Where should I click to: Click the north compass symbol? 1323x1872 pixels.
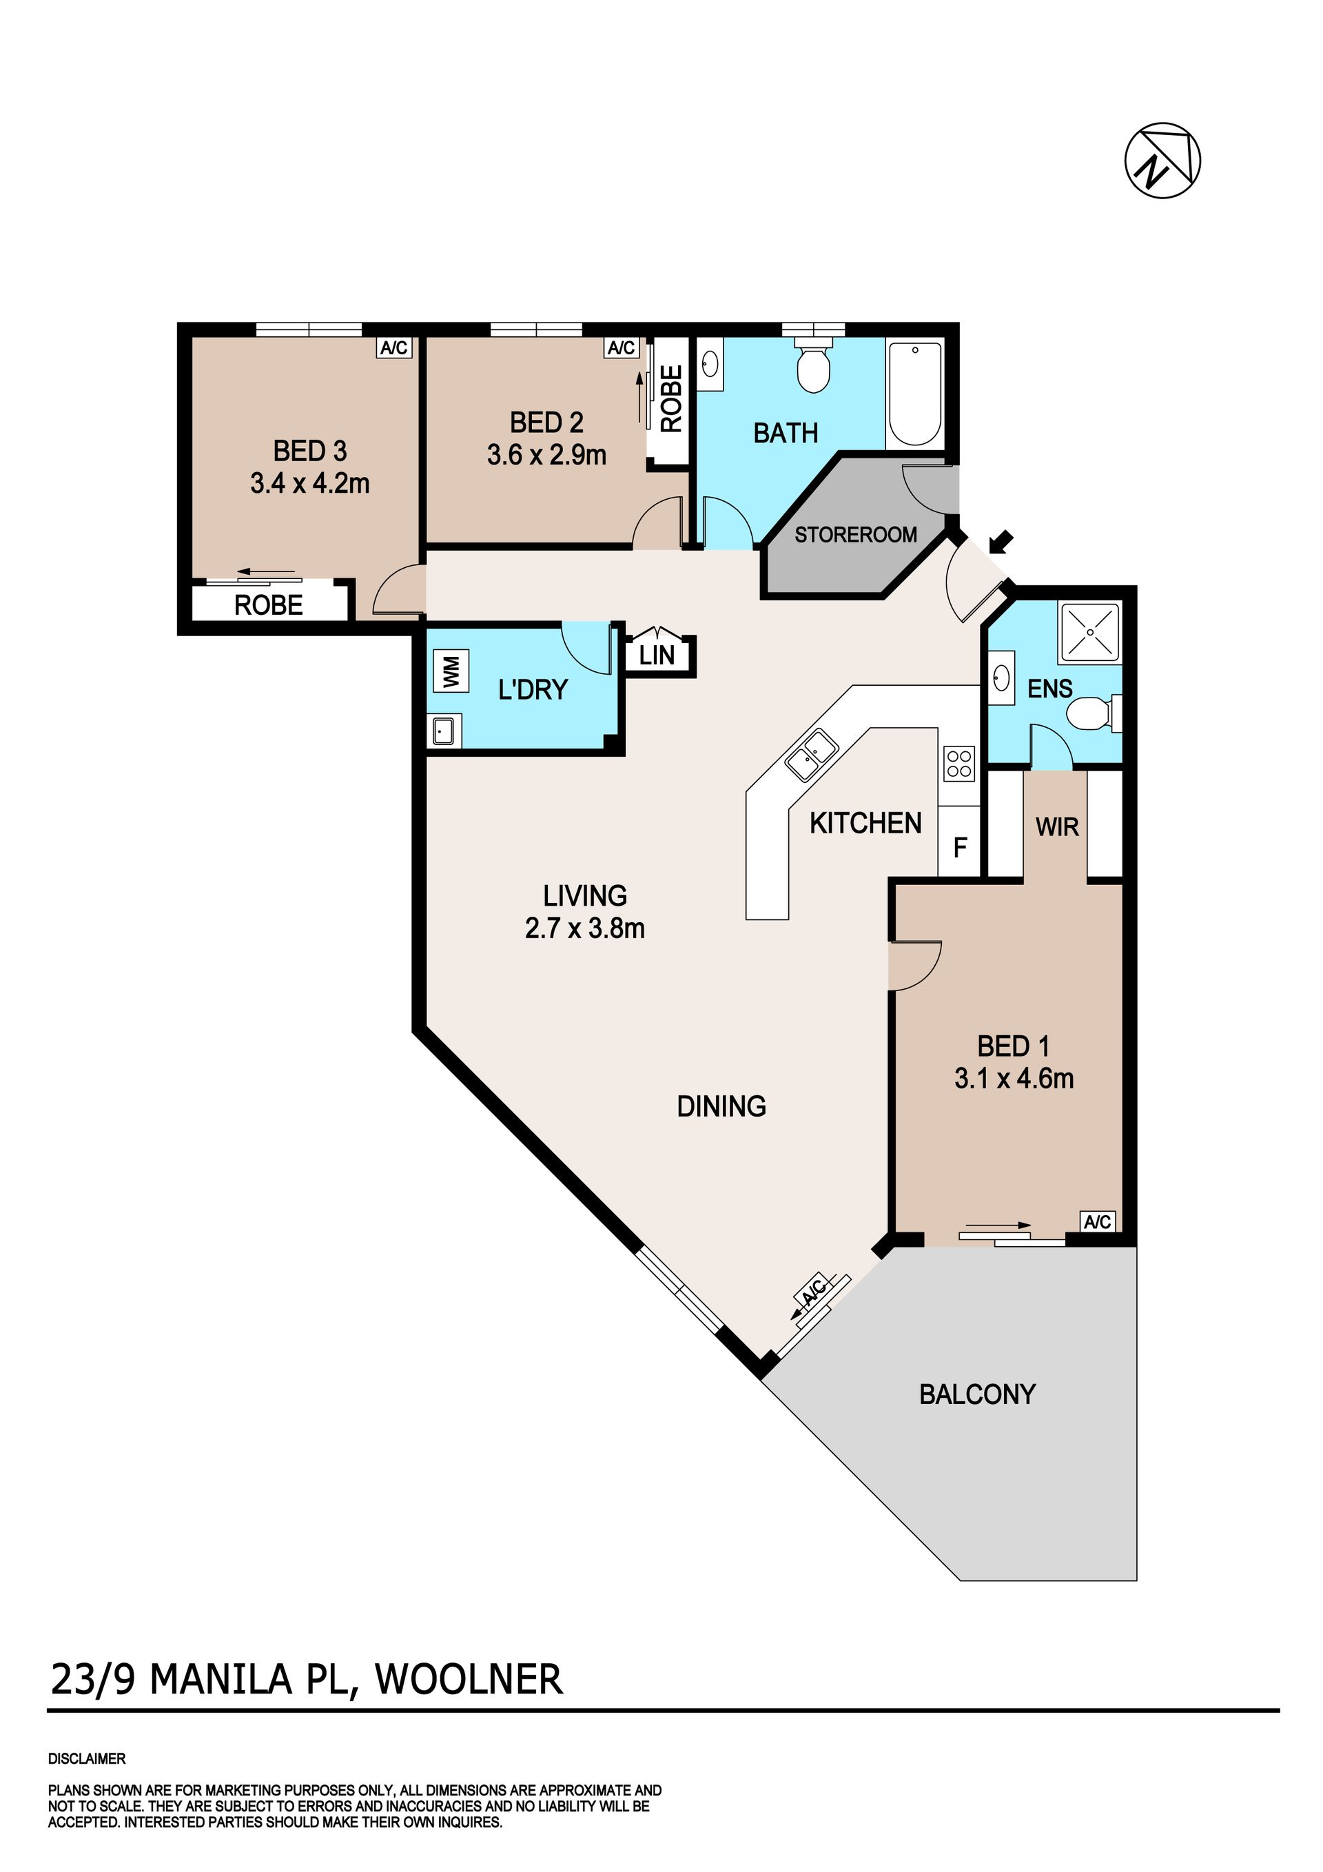(x=1163, y=160)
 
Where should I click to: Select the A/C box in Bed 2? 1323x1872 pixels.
(x=621, y=348)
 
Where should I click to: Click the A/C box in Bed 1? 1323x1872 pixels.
(x=1097, y=1221)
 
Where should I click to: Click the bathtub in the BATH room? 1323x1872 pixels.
(x=916, y=393)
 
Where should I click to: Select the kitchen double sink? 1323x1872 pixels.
(x=811, y=755)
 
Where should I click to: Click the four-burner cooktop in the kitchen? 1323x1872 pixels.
(x=958, y=764)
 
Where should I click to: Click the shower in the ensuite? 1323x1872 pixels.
(x=1090, y=633)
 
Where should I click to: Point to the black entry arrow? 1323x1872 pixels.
(x=1001, y=541)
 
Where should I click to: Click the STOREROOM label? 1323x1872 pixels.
(x=856, y=535)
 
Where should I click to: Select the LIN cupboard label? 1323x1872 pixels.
(x=657, y=655)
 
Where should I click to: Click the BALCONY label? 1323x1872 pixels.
(x=977, y=1394)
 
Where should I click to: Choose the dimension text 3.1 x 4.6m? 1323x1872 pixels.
(x=1014, y=1078)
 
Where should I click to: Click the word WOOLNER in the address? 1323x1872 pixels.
(x=469, y=1679)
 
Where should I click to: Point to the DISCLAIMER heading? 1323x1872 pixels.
(x=88, y=1759)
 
